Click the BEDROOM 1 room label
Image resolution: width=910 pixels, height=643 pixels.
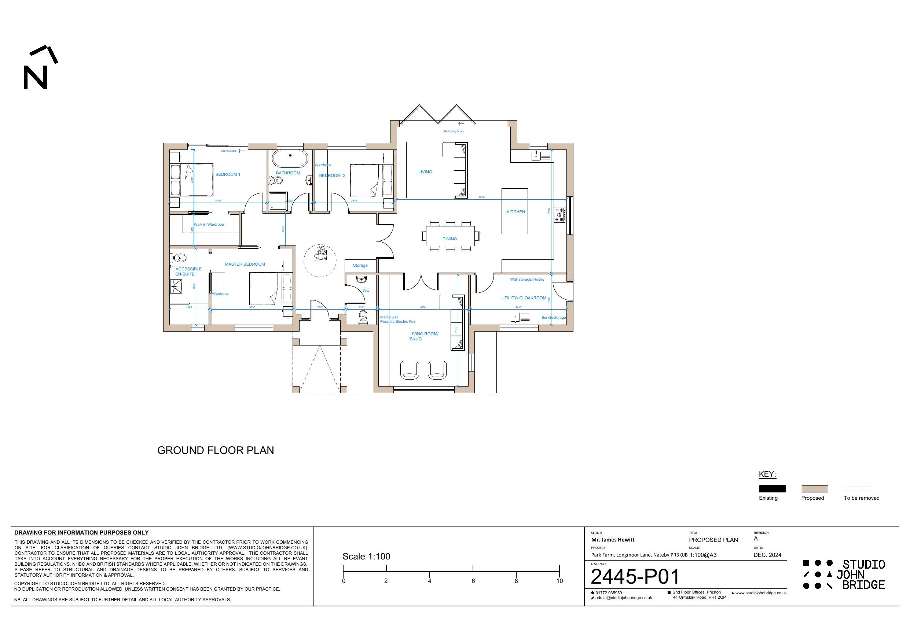tap(227, 174)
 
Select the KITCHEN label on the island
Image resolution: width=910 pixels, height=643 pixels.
tap(515, 212)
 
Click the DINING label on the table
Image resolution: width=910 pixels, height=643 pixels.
tap(450, 239)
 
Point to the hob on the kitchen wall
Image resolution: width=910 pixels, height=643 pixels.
tap(559, 214)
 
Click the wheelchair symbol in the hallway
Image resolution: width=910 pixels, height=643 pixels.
tap(320, 253)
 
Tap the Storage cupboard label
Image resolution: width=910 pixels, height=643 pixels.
tap(360, 265)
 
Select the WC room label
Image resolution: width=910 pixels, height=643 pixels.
tap(366, 291)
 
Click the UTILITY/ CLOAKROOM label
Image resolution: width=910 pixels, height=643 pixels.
tap(524, 298)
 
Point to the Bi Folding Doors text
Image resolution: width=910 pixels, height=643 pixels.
tap(454, 132)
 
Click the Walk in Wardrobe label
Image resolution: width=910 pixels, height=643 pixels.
tap(209, 225)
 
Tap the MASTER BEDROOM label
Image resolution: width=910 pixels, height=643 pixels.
tap(245, 264)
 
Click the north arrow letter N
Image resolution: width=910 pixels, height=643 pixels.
tap(36, 77)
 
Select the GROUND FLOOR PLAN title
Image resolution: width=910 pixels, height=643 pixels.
tap(216, 450)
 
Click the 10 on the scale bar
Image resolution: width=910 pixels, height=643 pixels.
tap(559, 581)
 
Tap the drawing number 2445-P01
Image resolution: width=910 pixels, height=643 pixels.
tap(635, 577)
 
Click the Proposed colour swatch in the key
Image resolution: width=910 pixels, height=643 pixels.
tap(814, 489)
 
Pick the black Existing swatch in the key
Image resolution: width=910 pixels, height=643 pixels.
tap(772, 489)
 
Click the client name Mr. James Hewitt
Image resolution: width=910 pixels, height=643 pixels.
tap(613, 540)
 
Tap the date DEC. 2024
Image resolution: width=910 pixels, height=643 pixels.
tap(767, 555)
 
